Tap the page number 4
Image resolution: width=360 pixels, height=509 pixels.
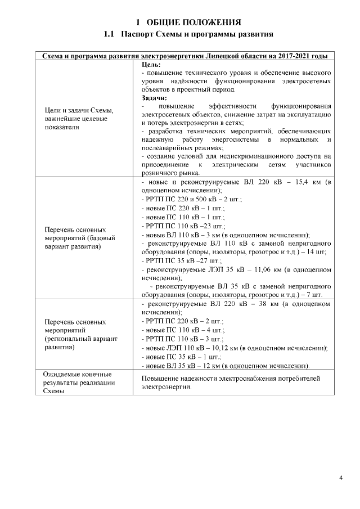coord(341,478)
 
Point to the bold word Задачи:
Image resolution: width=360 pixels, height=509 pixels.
coord(155,98)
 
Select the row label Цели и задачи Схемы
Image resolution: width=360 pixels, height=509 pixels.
coord(78,111)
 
